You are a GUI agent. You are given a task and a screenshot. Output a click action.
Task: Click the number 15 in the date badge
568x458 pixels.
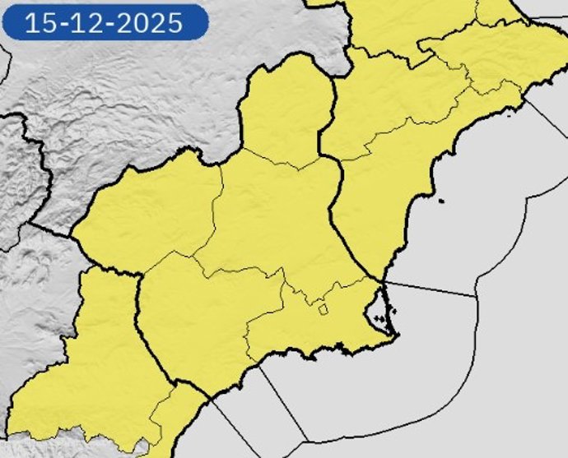38,22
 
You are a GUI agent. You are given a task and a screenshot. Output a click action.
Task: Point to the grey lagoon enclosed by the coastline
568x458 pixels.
377,312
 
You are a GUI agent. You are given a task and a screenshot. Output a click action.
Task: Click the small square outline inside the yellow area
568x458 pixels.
324,310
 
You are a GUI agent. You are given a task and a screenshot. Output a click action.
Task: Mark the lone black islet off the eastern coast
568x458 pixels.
442,201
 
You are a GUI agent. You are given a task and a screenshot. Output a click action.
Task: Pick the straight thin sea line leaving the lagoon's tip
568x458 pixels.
428,288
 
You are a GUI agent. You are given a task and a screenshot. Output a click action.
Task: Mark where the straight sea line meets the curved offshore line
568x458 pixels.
477,296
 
